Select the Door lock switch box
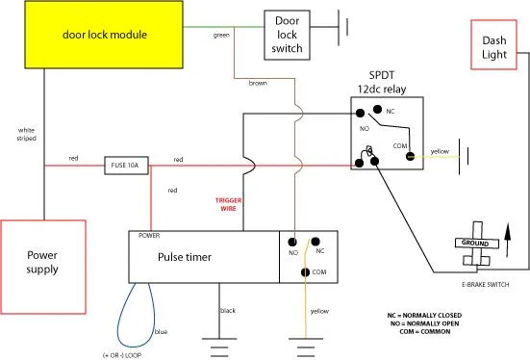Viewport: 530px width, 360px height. point(288,35)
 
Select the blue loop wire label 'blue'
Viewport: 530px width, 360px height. point(161,331)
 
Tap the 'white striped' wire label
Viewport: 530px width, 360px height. point(26,134)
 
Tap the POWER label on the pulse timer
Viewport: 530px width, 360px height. point(149,235)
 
